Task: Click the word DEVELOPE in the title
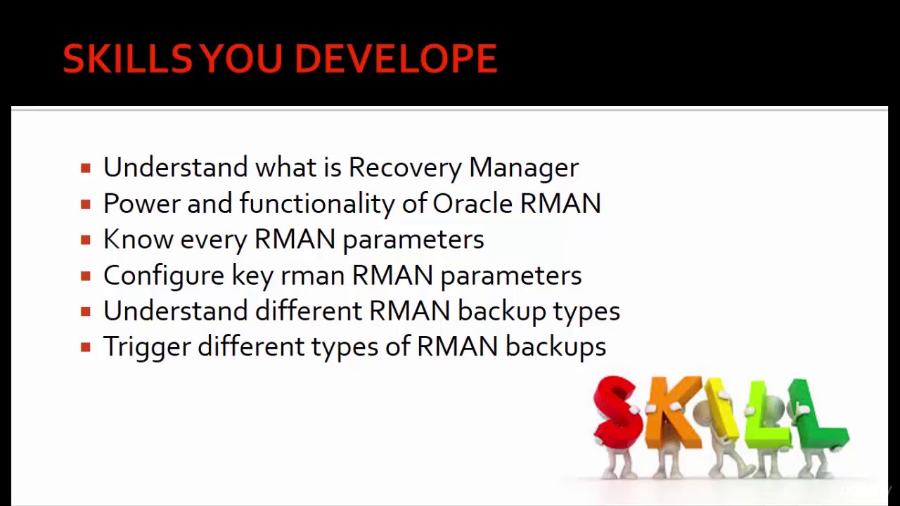click(x=395, y=58)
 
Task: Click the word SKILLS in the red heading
click(x=127, y=58)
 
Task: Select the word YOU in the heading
click(x=243, y=58)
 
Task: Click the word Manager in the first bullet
click(x=524, y=168)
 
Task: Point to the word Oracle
click(x=472, y=204)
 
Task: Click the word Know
click(x=138, y=240)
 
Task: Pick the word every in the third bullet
click(x=214, y=240)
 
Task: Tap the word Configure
click(x=163, y=275)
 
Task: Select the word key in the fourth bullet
click(x=252, y=275)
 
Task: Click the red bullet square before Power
click(x=86, y=205)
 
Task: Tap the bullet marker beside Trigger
click(x=86, y=347)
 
